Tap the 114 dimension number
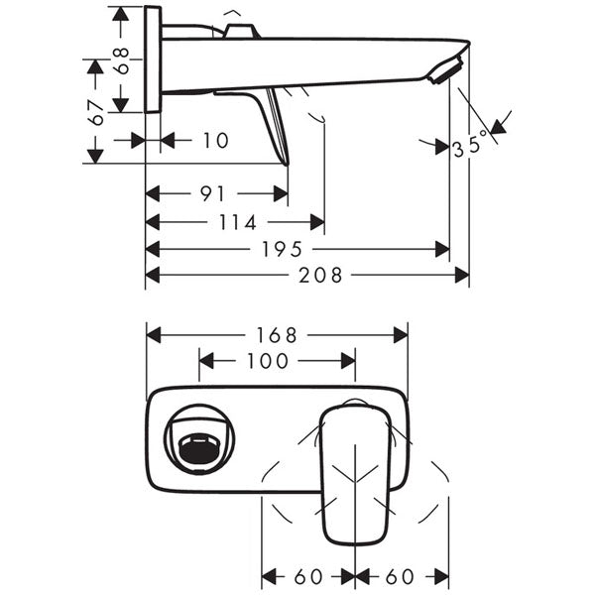point(236,222)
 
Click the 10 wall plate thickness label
point(215,141)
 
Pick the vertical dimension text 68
point(124,60)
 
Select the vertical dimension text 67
point(97,111)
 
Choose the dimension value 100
point(268,361)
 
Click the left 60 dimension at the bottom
point(308,576)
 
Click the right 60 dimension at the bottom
point(402,576)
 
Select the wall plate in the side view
point(153,59)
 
